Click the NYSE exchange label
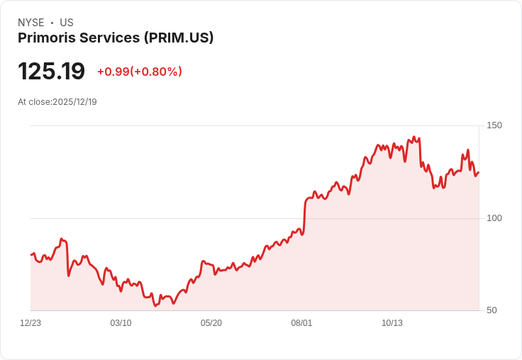31,23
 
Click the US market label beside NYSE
67,23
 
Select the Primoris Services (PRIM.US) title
116,38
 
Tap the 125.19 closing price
51,72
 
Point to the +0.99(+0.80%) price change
140,72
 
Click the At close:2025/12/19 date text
57,102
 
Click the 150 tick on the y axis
494,125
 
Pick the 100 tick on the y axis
494,218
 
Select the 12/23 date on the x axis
30,323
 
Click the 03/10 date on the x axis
121,323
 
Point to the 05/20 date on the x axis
211,323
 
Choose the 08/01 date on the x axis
301,323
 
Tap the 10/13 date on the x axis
392,323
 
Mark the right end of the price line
479,172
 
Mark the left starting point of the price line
31,254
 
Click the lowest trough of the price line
155,305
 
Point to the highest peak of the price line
414,137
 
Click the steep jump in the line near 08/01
305,213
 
